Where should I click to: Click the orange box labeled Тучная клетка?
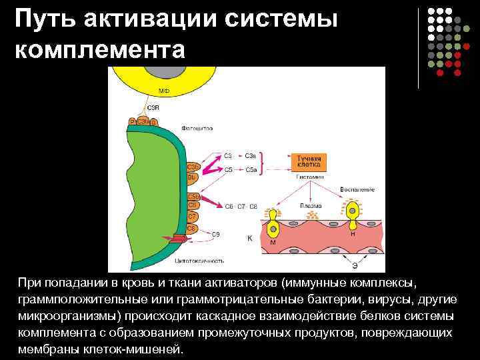click(x=309, y=161)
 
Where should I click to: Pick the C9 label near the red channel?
click(x=215, y=233)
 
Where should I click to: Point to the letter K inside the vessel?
click(x=249, y=237)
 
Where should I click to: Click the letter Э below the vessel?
click(x=355, y=265)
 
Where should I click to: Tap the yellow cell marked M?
click(x=272, y=229)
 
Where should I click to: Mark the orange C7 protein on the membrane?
click(x=191, y=217)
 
